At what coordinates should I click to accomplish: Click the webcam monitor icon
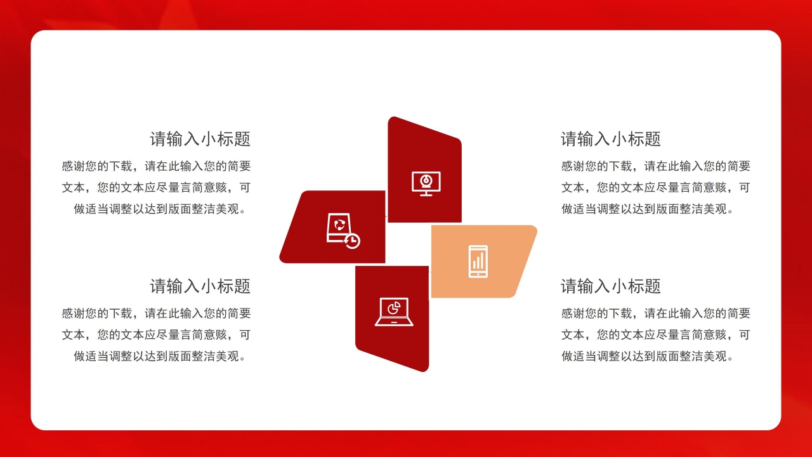point(426,183)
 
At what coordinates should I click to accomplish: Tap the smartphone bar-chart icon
point(478,261)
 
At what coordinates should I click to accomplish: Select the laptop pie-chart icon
point(394,312)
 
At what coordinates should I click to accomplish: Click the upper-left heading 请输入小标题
point(200,139)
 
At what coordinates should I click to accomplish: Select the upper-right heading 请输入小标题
point(610,139)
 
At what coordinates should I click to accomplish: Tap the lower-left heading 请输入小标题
point(200,286)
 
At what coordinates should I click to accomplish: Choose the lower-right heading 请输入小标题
point(610,286)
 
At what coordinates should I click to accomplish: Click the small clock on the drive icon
point(352,241)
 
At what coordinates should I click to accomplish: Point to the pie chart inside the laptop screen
point(394,308)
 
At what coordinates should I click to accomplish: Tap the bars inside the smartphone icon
point(478,260)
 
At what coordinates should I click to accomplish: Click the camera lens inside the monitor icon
point(426,180)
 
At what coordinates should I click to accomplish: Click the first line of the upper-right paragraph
point(655,166)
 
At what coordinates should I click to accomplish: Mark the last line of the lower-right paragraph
point(648,356)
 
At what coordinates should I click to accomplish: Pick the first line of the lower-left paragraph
point(156,314)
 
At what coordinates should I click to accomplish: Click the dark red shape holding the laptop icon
point(381,343)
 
